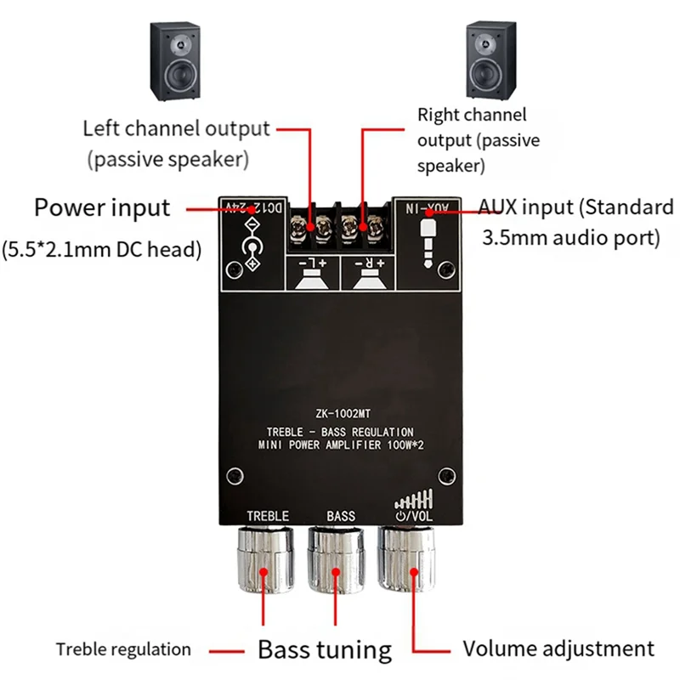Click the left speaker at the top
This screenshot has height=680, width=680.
pyautogui.click(x=177, y=62)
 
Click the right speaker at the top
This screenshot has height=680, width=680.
pyautogui.click(x=490, y=62)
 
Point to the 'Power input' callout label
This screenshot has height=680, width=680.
pyautogui.click(x=102, y=207)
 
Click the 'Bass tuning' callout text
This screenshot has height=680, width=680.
pyautogui.click(x=325, y=650)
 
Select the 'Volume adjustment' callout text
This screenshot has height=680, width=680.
pyautogui.click(x=558, y=649)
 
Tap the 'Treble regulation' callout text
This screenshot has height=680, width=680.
pyautogui.click(x=123, y=650)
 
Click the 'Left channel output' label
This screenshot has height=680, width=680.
pyautogui.click(x=176, y=129)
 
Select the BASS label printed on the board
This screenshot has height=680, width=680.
pyautogui.click(x=341, y=516)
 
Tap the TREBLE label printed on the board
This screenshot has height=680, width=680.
pyautogui.click(x=268, y=516)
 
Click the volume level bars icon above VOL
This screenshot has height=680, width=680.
pyautogui.click(x=416, y=498)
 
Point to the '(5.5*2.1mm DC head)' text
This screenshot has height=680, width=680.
pyautogui.click(x=101, y=250)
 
